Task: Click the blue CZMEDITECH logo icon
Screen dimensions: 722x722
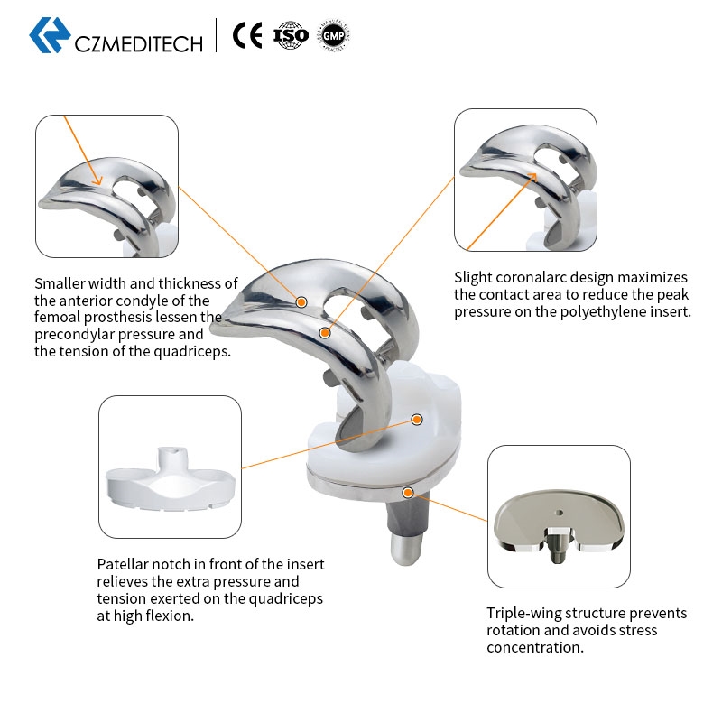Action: (50, 35)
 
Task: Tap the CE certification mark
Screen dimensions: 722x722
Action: (247, 35)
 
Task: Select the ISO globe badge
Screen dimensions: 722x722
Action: (290, 35)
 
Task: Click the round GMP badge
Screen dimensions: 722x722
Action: (333, 35)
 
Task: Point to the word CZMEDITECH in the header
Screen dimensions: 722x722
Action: (139, 44)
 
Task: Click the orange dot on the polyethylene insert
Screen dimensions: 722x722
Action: (417, 420)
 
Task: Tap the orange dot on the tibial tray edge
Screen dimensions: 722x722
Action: (408, 493)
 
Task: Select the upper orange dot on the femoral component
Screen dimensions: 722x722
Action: (301, 302)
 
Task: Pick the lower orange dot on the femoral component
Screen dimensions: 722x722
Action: (325, 333)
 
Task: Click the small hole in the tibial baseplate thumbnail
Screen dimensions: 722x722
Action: (559, 513)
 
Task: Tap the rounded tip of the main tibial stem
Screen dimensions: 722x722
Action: (405, 552)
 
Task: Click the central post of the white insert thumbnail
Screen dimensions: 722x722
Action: (172, 461)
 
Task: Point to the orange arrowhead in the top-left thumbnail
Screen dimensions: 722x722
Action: (97, 180)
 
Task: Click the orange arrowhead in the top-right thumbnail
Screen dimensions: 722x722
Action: (532, 178)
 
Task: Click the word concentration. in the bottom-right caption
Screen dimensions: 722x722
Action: (535, 647)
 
